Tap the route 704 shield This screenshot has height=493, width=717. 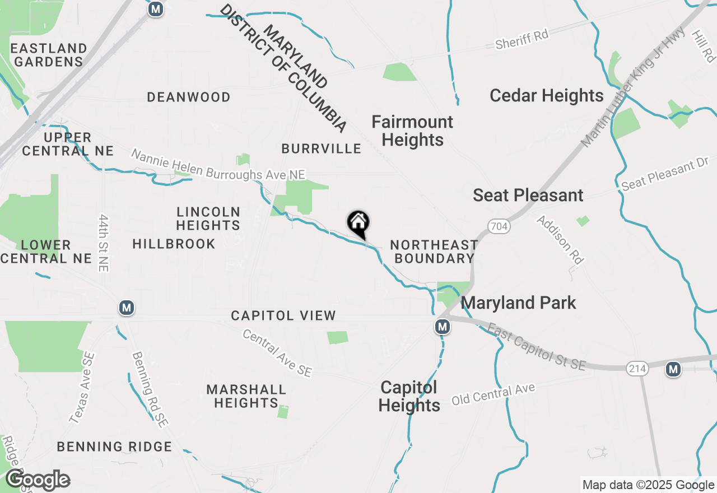(498, 226)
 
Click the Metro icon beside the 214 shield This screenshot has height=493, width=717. (673, 369)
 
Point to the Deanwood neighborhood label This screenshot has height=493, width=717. (189, 97)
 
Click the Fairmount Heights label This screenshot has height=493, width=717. (413, 131)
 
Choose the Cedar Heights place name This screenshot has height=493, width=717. (547, 96)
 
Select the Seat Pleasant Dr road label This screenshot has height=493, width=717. (665, 175)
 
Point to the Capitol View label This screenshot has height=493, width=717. (283, 316)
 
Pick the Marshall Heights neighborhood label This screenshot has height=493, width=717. (246, 396)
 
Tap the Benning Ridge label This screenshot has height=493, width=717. (115, 447)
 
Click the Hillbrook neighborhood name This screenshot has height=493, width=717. (174, 244)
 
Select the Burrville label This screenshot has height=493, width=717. (322, 148)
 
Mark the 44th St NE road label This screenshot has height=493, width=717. (103, 242)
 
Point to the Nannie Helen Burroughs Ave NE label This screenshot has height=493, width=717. (218, 164)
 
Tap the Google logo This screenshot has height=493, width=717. (38, 480)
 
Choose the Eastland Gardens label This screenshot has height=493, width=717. (49, 55)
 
